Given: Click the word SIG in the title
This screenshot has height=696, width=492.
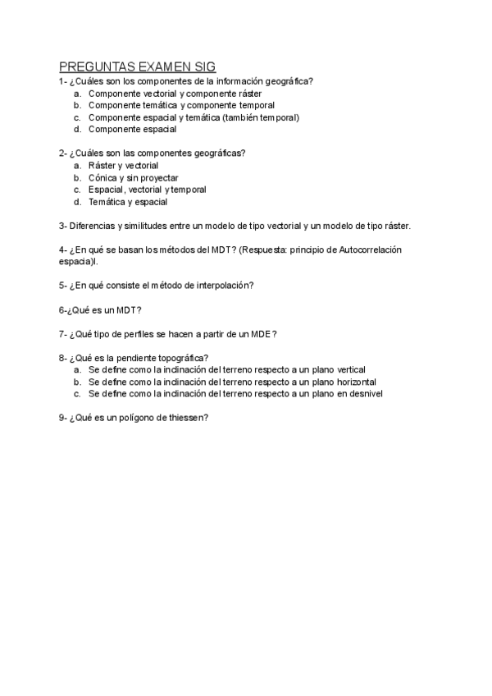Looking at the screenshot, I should tap(201, 66).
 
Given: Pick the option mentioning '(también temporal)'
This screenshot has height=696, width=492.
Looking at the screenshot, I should tap(194, 117).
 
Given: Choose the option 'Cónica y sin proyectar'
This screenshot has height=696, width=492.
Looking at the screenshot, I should tap(133, 177).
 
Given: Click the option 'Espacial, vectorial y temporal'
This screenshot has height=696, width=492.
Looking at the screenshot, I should tap(147, 189).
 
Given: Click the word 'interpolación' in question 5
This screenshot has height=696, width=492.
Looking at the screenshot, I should tap(223, 285).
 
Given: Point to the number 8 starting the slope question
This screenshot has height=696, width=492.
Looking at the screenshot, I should tap(61, 358).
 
